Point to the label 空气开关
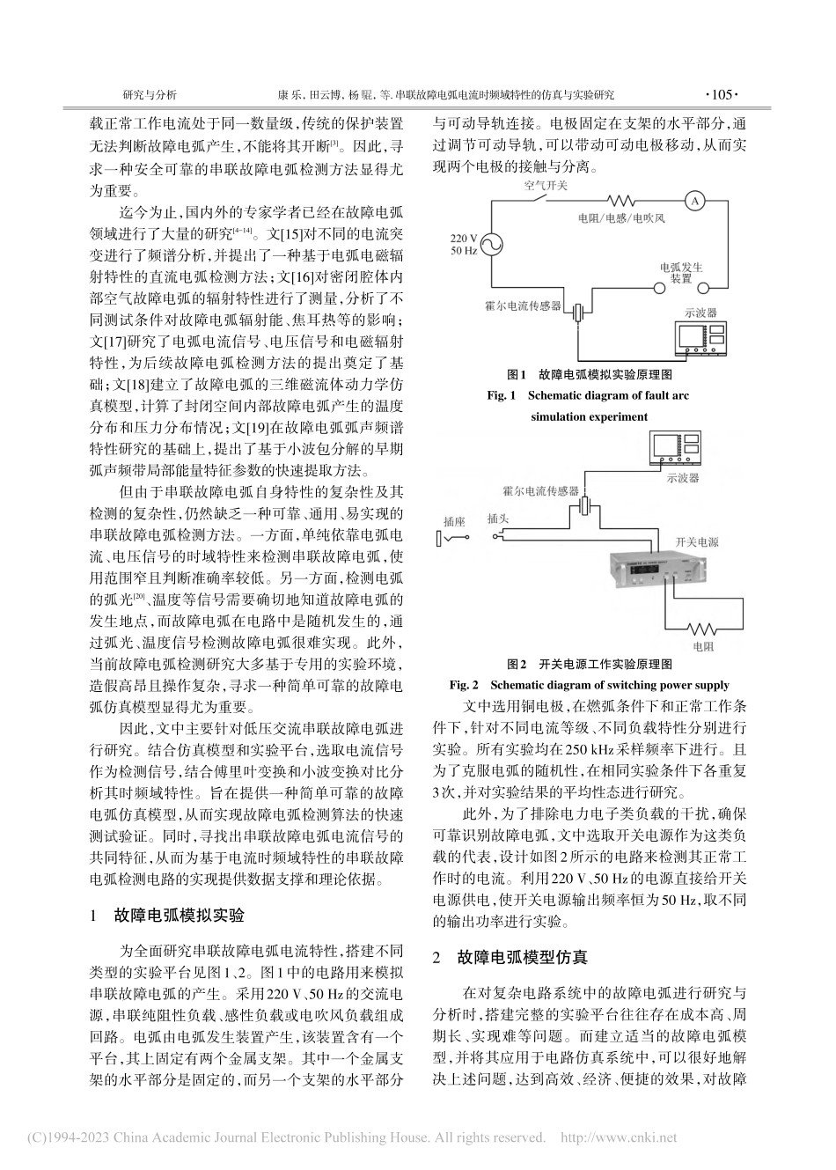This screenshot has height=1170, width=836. pyautogui.click(x=546, y=185)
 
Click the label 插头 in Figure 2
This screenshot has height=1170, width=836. pyautogui.click(x=498, y=520)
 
